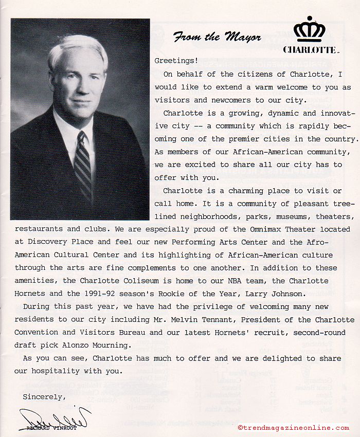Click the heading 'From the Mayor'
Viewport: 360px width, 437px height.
pyautogui.click(x=217, y=37)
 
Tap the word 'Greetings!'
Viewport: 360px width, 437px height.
pyautogui.click(x=176, y=61)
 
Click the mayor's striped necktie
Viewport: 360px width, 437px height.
pyautogui.click(x=83, y=165)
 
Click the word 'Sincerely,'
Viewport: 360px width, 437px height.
pyautogui.click(x=44, y=396)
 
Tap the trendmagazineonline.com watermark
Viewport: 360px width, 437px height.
pyautogui.click(x=293, y=428)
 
